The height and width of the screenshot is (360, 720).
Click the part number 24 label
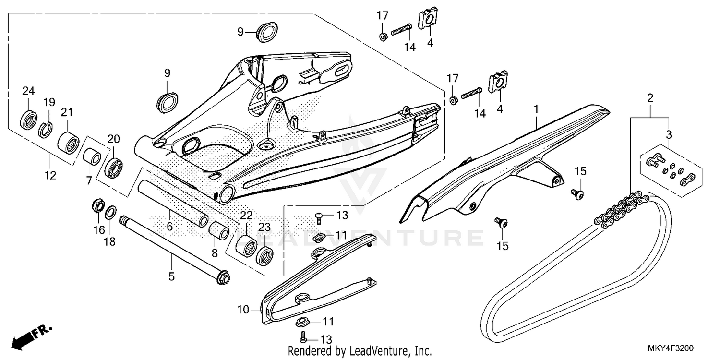pyautogui.click(x=28, y=91)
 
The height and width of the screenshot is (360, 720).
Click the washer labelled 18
pyautogui.click(x=110, y=212)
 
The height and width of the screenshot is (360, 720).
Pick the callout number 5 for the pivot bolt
pyautogui.click(x=171, y=277)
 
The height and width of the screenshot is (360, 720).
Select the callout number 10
pyautogui.click(x=243, y=310)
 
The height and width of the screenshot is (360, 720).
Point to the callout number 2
pyautogui.click(x=650, y=98)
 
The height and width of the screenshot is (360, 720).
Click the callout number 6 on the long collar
pyautogui.click(x=169, y=226)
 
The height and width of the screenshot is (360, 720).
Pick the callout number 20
pyautogui.click(x=113, y=139)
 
